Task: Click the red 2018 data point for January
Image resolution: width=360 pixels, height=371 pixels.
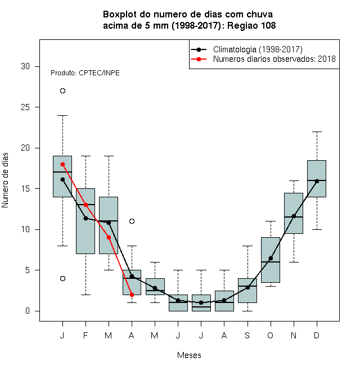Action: (62, 165)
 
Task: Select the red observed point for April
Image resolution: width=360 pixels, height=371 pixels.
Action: (132, 295)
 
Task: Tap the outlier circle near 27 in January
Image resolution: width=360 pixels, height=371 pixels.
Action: (62, 91)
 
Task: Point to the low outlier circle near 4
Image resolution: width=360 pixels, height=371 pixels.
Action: (62, 278)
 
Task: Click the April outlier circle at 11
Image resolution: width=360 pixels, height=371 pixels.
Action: (132, 221)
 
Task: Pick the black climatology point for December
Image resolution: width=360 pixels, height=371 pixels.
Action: (317, 181)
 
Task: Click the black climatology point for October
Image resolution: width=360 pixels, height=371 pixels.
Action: (271, 258)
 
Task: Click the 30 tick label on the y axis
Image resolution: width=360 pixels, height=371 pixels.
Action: (25, 66)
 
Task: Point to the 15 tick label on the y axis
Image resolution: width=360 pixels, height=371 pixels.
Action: (25, 189)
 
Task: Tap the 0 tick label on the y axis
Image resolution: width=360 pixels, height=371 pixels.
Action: (28, 311)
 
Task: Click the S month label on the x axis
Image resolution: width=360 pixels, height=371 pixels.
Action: (247, 335)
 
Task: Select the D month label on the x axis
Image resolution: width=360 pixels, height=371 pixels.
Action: (317, 335)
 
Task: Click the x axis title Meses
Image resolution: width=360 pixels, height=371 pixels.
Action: (189, 355)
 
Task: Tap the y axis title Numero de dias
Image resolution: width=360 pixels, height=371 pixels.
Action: (5, 180)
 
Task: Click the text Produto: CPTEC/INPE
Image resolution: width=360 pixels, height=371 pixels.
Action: (85, 73)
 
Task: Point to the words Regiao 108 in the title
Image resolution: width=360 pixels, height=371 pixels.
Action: (251, 25)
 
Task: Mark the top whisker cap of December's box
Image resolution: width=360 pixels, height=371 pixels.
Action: (317, 132)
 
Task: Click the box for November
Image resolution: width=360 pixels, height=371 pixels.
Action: (294, 213)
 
